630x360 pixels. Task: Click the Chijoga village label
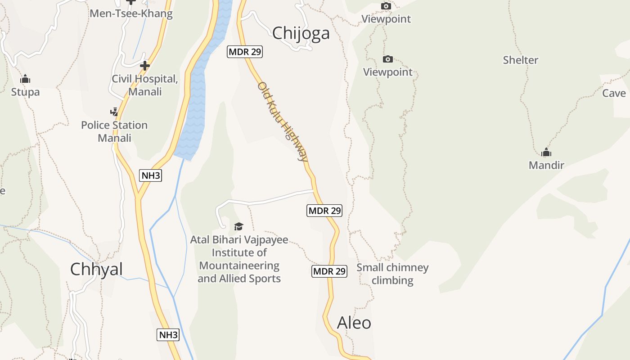[301, 33]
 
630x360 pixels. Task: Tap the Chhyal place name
[96, 269]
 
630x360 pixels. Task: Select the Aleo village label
[354, 323]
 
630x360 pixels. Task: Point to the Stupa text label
[25, 92]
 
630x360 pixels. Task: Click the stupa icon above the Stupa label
[25, 79]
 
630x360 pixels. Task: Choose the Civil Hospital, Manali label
[144, 85]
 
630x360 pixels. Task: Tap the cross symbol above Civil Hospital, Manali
[144, 66]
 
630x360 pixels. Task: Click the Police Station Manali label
[114, 131]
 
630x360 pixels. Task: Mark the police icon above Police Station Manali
[114, 112]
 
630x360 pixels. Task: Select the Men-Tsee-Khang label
[131, 13]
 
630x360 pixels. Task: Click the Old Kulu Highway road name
[283, 121]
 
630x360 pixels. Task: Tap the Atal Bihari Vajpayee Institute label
[239, 259]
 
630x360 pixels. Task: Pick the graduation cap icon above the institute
[238, 226]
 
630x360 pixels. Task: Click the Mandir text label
[546, 165]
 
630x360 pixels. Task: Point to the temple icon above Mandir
[546, 152]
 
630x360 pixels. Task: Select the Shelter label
[521, 60]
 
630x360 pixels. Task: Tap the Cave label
[614, 93]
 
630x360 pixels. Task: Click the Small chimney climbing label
[392, 274]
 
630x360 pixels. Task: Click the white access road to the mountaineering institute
[270, 199]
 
